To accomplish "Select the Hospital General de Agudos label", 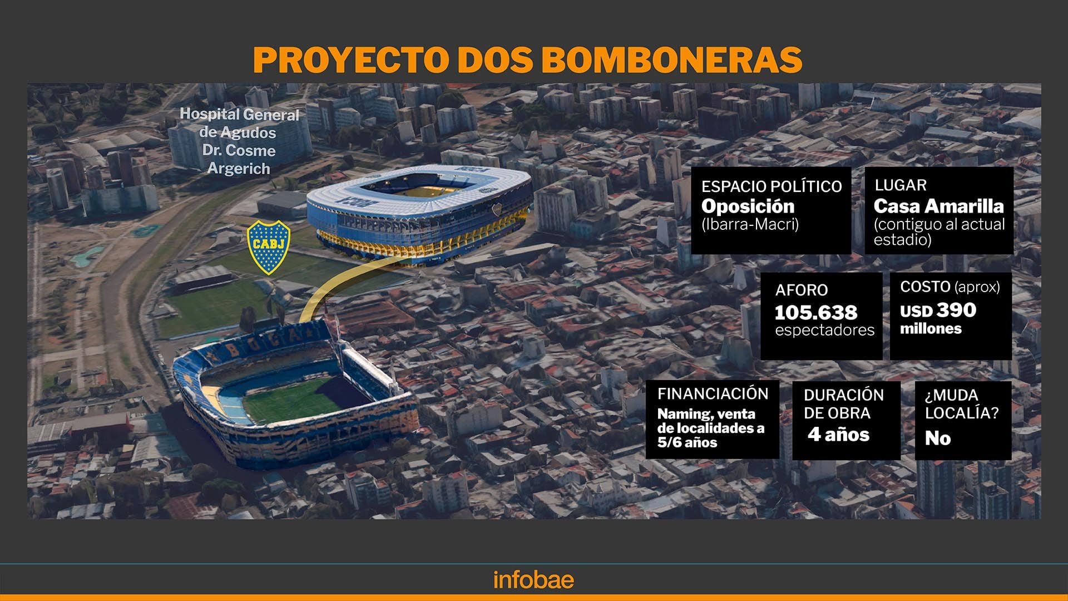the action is point(239,141).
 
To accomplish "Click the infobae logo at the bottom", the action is point(533,580).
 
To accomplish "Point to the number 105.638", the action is point(816,312).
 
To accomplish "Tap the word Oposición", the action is point(748,206).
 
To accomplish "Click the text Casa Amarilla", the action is point(938,206).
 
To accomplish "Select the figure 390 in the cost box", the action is point(956,309).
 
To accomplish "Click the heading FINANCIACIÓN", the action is point(713,393).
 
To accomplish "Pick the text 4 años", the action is point(838,434).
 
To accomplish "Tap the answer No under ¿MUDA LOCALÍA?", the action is point(938,438).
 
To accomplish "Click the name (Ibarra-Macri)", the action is point(750,224).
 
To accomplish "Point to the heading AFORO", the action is point(802,290).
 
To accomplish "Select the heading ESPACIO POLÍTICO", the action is point(772,186).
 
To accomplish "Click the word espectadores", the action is point(825,330).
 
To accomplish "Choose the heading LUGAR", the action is point(901,185).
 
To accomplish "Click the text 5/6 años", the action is point(687,442).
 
